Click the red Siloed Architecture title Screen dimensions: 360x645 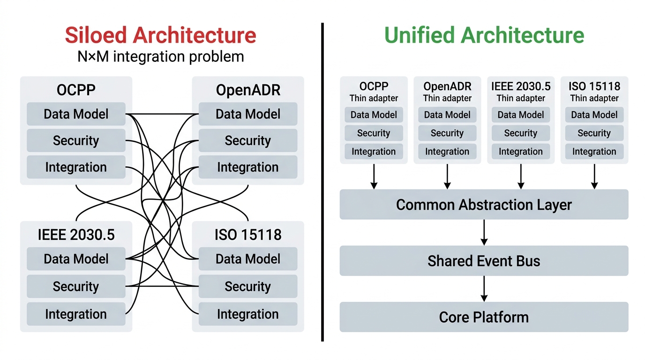coord(160,36)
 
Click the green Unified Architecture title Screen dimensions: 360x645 coord(484,36)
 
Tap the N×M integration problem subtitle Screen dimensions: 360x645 coord(160,57)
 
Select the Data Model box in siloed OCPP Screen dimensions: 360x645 coord(76,114)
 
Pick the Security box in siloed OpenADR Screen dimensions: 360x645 coord(247,141)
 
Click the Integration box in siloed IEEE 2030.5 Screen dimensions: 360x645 coord(76,314)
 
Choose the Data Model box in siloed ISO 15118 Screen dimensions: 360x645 coord(247,259)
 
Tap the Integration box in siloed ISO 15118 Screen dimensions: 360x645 coord(247,314)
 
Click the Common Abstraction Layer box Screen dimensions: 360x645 coord(484,205)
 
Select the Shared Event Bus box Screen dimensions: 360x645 coord(484,261)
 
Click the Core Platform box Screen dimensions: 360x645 coord(484,317)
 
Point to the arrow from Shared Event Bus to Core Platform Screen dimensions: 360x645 coord(484,289)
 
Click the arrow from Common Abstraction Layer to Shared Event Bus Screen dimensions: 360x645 coord(484,232)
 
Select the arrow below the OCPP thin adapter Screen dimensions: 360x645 coord(374,176)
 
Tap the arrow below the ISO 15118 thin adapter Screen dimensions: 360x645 coord(594,176)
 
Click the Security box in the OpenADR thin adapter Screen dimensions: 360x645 coord(447,133)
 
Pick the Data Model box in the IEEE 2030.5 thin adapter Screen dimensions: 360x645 coord(521,115)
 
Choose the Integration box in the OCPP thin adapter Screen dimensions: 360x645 coord(374,151)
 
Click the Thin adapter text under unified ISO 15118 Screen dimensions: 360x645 coord(594,98)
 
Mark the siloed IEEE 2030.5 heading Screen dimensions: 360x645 coord(76,234)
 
